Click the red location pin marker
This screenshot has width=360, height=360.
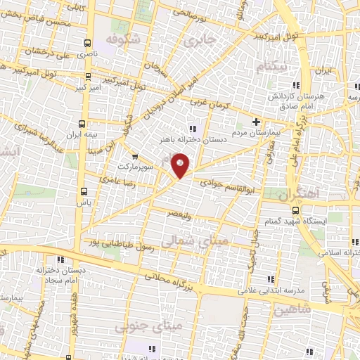(181, 167)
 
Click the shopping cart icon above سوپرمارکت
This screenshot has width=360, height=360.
(134, 157)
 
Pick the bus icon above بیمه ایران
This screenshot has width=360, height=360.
(86, 122)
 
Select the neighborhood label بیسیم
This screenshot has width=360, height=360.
(272, 67)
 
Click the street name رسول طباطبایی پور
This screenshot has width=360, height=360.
(117, 243)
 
